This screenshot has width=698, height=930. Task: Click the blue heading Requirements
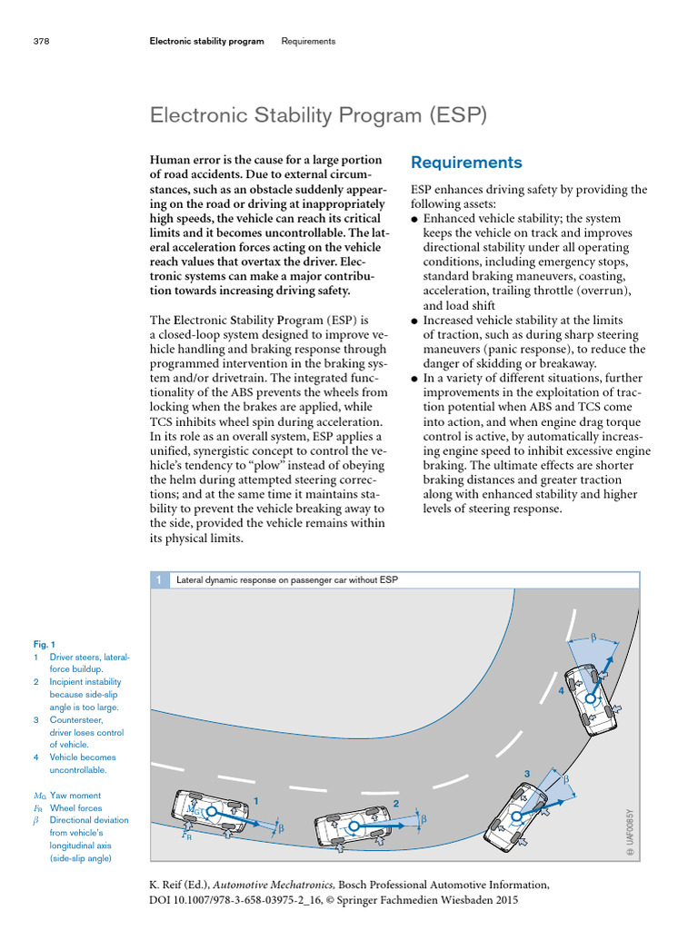click(466, 163)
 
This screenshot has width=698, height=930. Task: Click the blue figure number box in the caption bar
click(158, 579)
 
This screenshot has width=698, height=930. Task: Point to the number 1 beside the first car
click(256, 800)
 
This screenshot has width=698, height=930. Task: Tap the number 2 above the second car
click(395, 803)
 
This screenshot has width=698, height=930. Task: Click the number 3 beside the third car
click(526, 773)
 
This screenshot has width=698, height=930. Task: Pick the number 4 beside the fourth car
click(562, 690)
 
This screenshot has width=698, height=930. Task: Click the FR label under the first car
click(186, 836)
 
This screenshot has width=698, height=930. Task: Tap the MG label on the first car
click(192, 806)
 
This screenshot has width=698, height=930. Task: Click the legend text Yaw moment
click(76, 796)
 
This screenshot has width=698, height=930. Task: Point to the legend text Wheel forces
click(76, 807)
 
